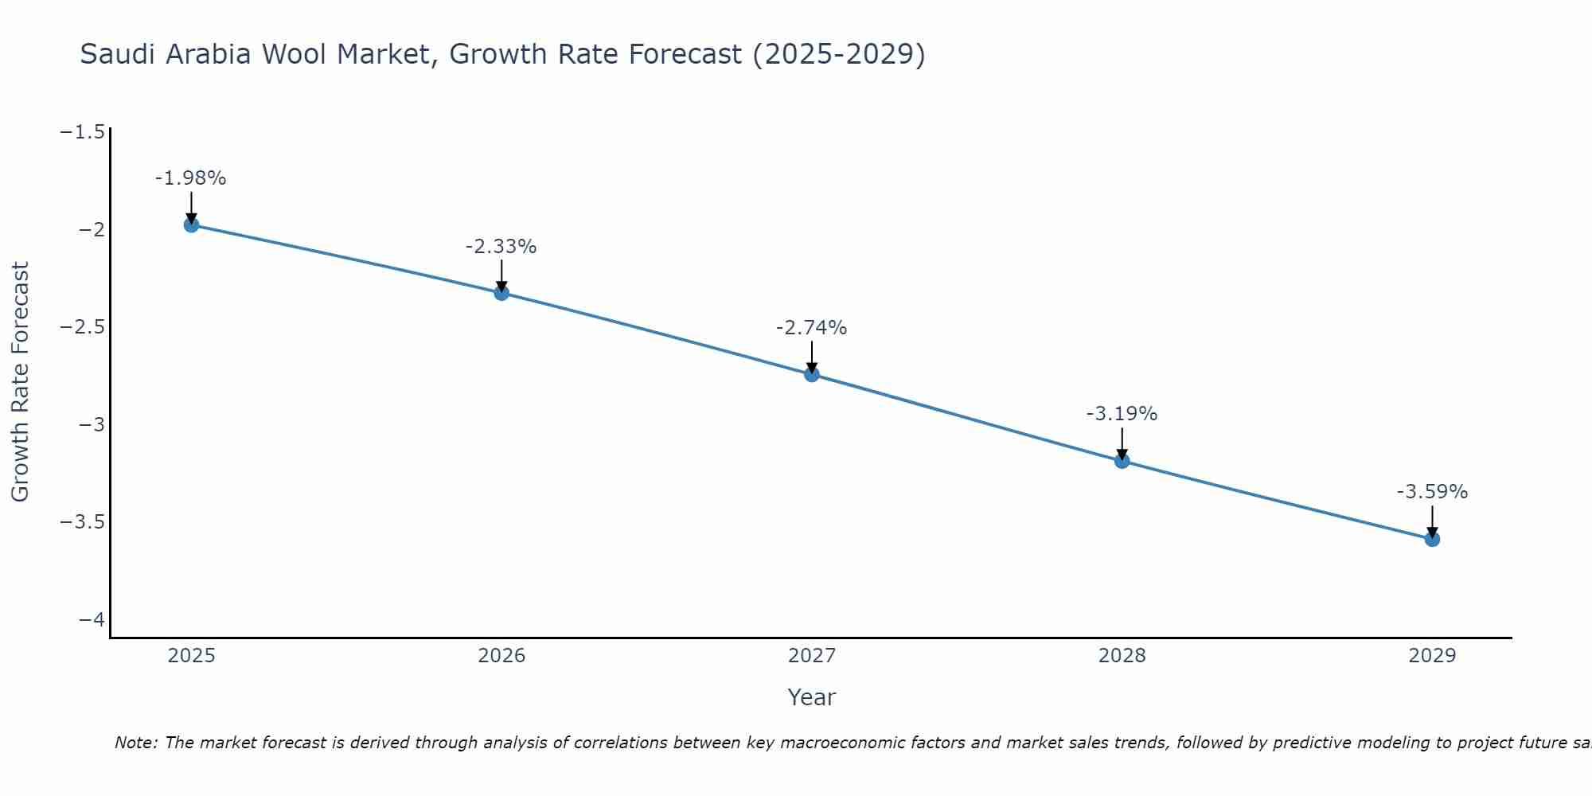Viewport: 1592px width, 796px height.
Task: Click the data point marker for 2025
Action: [x=191, y=224]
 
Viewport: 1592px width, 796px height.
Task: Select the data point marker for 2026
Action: [x=501, y=293]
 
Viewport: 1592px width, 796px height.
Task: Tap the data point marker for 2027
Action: [x=812, y=374]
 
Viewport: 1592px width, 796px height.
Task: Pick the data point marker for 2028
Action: [x=1122, y=461]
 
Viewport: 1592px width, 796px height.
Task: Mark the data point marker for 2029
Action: [x=1432, y=539]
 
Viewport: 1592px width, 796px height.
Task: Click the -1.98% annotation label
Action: [x=190, y=178]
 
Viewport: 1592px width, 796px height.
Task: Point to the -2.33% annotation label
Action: [x=501, y=247]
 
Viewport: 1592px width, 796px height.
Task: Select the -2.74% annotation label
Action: [x=811, y=328]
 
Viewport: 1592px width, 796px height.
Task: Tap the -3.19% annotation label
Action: [x=1122, y=414]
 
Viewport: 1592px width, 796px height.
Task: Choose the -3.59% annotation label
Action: [x=1432, y=492]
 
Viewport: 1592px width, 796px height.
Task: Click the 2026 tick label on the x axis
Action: [x=501, y=656]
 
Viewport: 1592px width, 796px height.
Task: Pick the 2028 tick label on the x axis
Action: [x=1122, y=656]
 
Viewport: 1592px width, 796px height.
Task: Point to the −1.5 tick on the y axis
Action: [x=82, y=132]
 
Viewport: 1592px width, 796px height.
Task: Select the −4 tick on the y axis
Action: [x=92, y=619]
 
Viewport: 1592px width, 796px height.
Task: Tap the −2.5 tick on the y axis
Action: [x=82, y=327]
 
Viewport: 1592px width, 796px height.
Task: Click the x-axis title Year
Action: [x=811, y=697]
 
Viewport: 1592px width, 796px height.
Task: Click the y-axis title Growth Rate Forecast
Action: [x=20, y=382]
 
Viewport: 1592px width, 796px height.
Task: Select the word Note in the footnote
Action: [x=135, y=743]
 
